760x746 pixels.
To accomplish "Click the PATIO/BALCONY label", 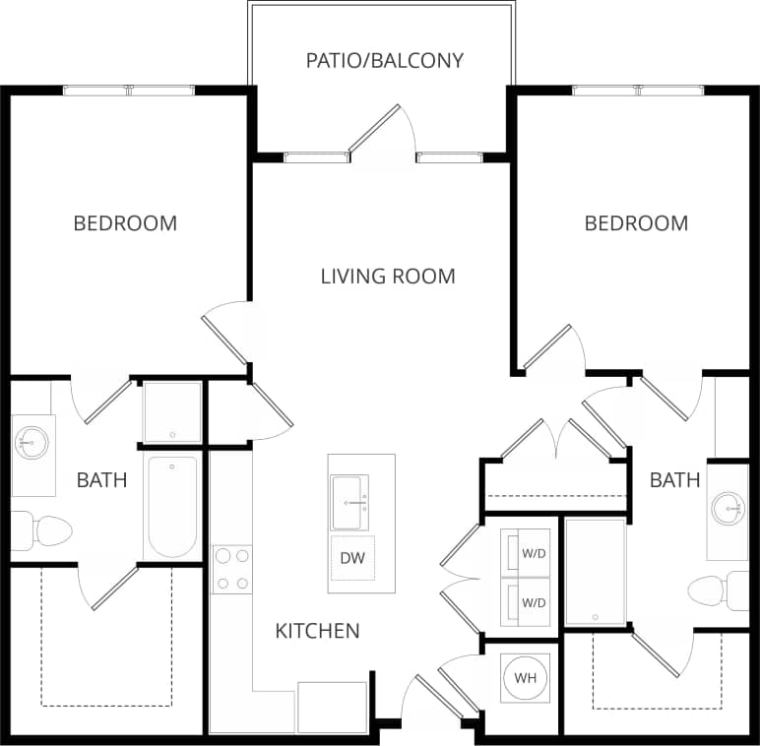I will [x=384, y=61].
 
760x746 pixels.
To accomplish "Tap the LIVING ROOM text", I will [x=388, y=276].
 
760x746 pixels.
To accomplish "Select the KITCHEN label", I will [x=317, y=631].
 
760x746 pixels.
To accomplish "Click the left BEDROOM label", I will [x=125, y=223].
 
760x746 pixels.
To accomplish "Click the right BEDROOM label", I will [x=636, y=223].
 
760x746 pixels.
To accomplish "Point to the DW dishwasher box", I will [x=352, y=558].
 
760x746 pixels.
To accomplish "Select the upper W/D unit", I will [x=526, y=553].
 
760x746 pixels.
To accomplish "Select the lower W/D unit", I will [x=526, y=601].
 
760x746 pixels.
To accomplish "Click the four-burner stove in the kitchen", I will [x=232, y=570].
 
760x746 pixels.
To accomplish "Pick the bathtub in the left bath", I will [x=172, y=506].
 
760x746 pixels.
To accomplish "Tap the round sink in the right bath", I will [x=728, y=509].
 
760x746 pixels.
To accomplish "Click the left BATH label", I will [x=101, y=480].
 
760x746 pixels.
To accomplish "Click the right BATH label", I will [x=675, y=480].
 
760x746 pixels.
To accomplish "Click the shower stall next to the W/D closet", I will [x=595, y=571].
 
